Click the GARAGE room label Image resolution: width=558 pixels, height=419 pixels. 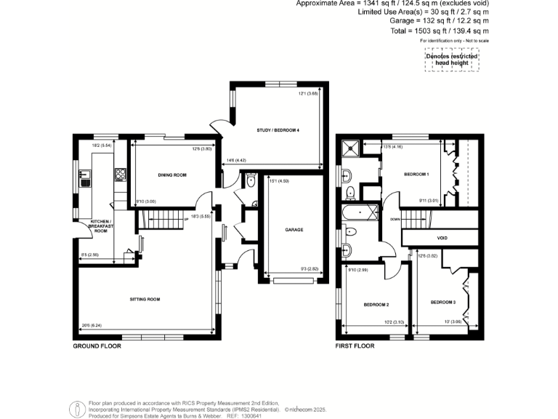294,229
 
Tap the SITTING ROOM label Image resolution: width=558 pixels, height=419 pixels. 145,299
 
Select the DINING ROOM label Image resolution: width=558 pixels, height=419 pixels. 173,175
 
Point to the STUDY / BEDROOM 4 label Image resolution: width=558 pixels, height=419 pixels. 278,129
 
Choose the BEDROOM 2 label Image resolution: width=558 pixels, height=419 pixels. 376,304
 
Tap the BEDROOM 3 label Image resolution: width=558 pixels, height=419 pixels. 442,302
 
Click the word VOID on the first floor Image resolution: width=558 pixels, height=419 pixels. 442,238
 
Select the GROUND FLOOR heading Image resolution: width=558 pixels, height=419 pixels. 96,346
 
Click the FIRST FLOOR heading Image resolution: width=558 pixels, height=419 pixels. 355,346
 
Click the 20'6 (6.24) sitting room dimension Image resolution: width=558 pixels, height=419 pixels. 90,324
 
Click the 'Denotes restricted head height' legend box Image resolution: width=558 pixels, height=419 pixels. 452,60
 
